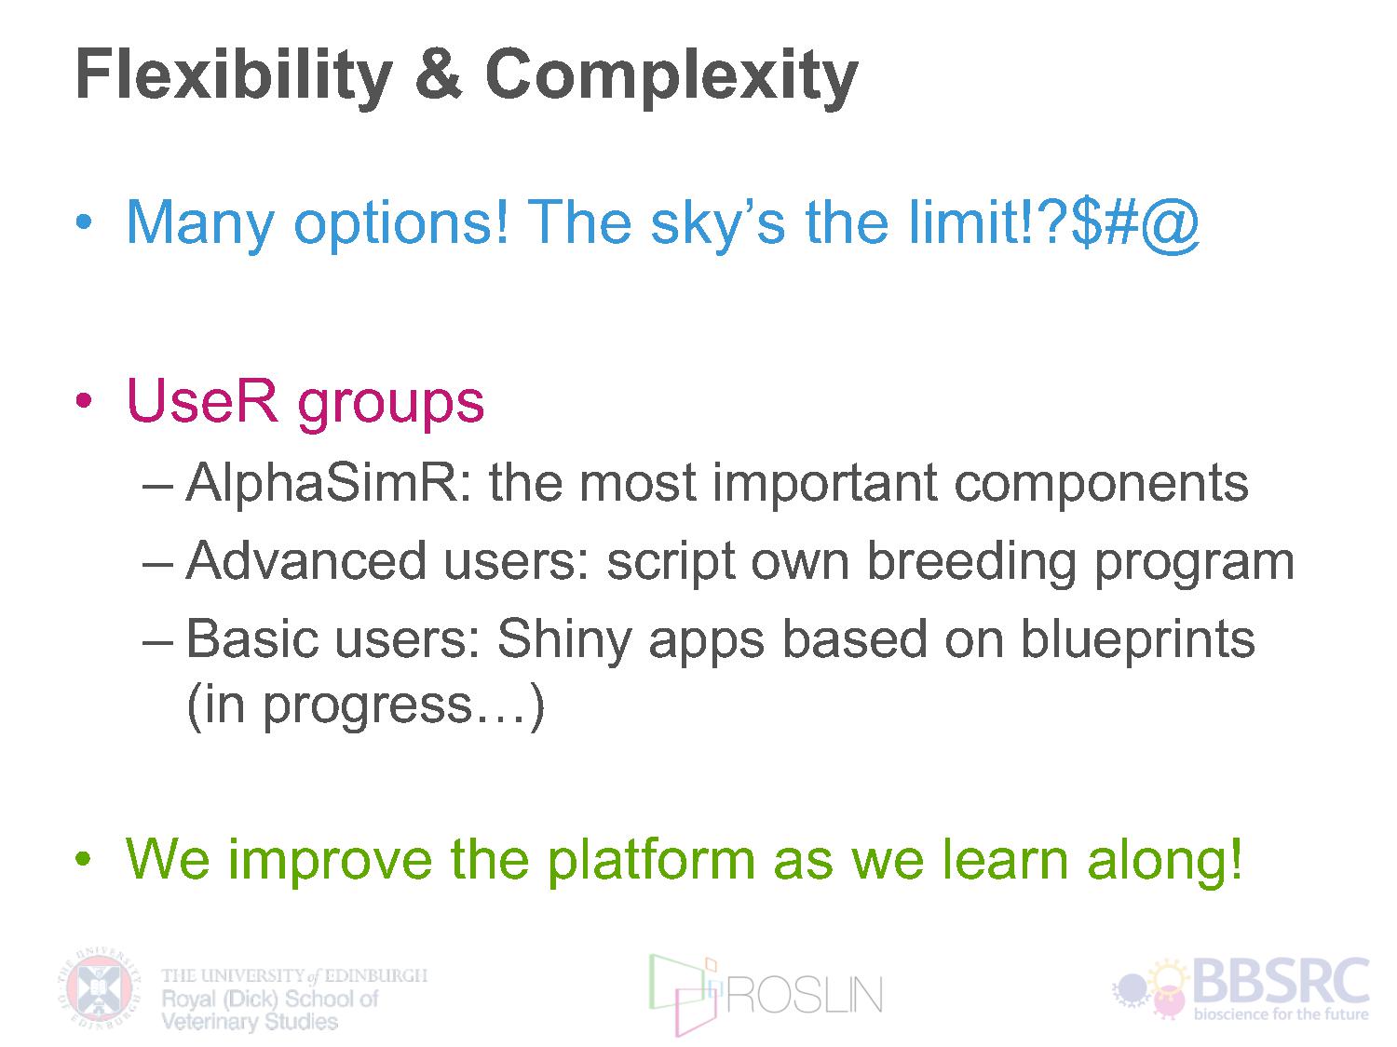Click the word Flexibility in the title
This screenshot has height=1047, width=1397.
[x=234, y=77]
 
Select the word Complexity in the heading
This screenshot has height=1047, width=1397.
[x=671, y=77]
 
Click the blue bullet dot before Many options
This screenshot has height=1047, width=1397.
[x=84, y=221]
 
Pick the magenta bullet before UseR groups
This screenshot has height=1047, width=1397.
[x=84, y=400]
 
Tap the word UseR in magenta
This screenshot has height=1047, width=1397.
[x=202, y=400]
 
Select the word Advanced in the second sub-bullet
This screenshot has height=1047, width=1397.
[x=306, y=560]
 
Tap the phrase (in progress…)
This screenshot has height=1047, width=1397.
[x=365, y=706]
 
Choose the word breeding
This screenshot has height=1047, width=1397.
[x=971, y=563]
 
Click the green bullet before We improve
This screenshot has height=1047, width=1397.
[x=84, y=859]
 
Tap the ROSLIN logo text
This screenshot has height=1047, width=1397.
[x=805, y=995]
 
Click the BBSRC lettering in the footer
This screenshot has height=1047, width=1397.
[x=1281, y=981]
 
